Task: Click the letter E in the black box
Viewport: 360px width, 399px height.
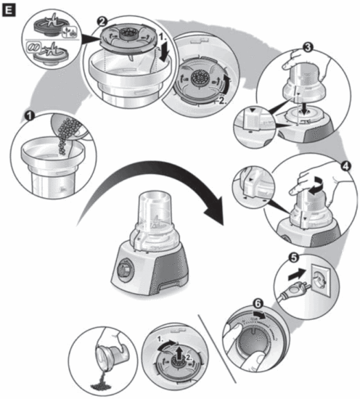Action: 9,9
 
